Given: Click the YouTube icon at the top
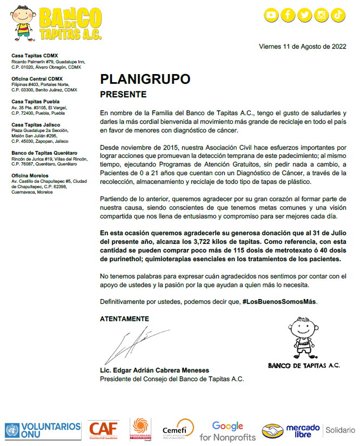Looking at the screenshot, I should (x=271, y=15).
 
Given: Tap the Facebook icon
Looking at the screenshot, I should (x=288, y=15).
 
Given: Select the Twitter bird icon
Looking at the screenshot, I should (x=305, y=15).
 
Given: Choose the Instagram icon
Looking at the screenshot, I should (x=322, y=15).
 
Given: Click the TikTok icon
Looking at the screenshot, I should (x=338, y=15).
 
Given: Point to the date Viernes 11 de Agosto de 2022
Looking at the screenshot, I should (x=302, y=46).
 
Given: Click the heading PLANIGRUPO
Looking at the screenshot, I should (x=145, y=79).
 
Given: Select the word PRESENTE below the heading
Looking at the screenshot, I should (x=123, y=95).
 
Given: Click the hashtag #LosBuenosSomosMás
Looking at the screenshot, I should (x=279, y=301).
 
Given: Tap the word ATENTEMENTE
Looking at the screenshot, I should (x=124, y=319).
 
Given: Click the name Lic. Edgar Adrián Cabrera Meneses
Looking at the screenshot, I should (x=154, y=370).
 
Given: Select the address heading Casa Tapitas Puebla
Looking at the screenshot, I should (x=36, y=102).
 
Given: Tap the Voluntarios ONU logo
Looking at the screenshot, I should (x=43, y=430).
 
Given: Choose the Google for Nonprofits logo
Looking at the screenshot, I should (x=227, y=431).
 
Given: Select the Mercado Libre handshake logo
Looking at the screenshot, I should (x=291, y=431).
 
